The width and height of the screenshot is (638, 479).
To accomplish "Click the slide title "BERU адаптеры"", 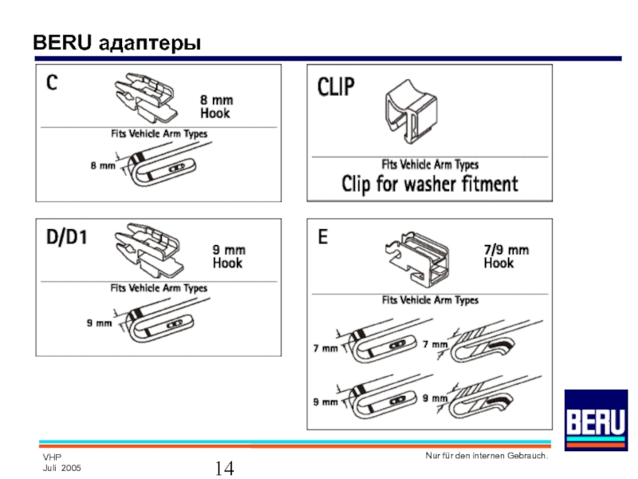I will (x=116, y=42).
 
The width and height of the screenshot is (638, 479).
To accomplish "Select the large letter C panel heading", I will (x=51, y=83).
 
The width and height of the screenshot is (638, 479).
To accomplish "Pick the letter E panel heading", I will (x=324, y=236).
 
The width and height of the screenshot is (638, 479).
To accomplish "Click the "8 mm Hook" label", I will (x=215, y=107).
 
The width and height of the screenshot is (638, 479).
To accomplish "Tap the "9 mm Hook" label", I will (x=227, y=255).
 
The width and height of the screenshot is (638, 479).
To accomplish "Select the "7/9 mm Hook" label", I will (x=506, y=255).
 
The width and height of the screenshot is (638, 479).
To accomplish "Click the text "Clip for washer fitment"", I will (x=430, y=184).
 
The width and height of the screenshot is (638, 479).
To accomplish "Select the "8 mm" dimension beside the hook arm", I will (x=103, y=165).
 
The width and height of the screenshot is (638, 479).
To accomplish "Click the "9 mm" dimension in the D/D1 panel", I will (x=100, y=323).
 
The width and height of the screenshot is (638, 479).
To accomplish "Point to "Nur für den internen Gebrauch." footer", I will (x=486, y=455).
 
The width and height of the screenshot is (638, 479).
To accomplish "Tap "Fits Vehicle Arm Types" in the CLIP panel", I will (x=430, y=164).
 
